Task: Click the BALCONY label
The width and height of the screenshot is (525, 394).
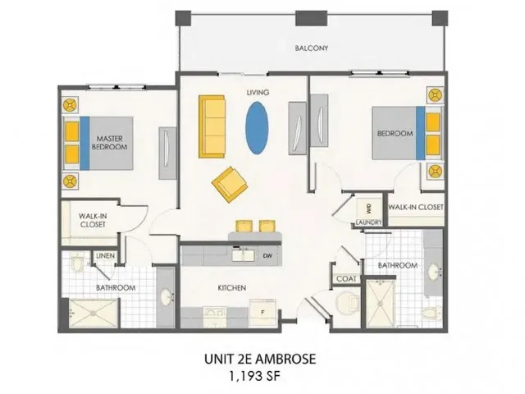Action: pyautogui.click(x=312, y=48)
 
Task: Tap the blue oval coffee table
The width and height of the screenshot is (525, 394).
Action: pyautogui.click(x=257, y=126)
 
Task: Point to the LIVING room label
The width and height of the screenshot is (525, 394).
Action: pyautogui.click(x=258, y=93)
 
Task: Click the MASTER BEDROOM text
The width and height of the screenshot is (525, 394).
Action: pyautogui.click(x=109, y=143)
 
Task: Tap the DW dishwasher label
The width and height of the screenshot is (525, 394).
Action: pyautogui.click(x=267, y=255)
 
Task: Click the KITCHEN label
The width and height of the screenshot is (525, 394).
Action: pyautogui.click(x=232, y=288)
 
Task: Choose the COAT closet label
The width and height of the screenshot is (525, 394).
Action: pyautogui.click(x=345, y=279)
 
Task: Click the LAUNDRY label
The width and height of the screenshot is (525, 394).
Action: pyautogui.click(x=367, y=221)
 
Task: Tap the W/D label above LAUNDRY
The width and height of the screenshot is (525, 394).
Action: pyautogui.click(x=368, y=208)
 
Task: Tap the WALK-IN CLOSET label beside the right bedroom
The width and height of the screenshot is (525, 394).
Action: pyautogui.click(x=416, y=208)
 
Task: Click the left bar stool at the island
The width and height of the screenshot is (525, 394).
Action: pyautogui.click(x=244, y=226)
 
